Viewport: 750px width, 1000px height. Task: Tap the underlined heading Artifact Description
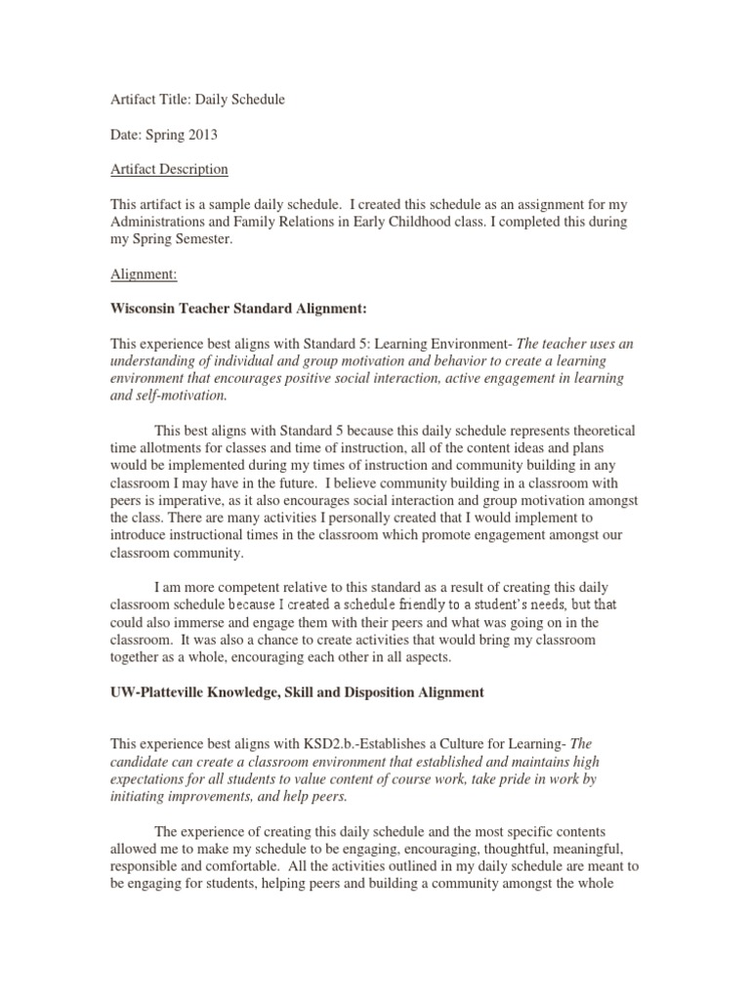(168, 169)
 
